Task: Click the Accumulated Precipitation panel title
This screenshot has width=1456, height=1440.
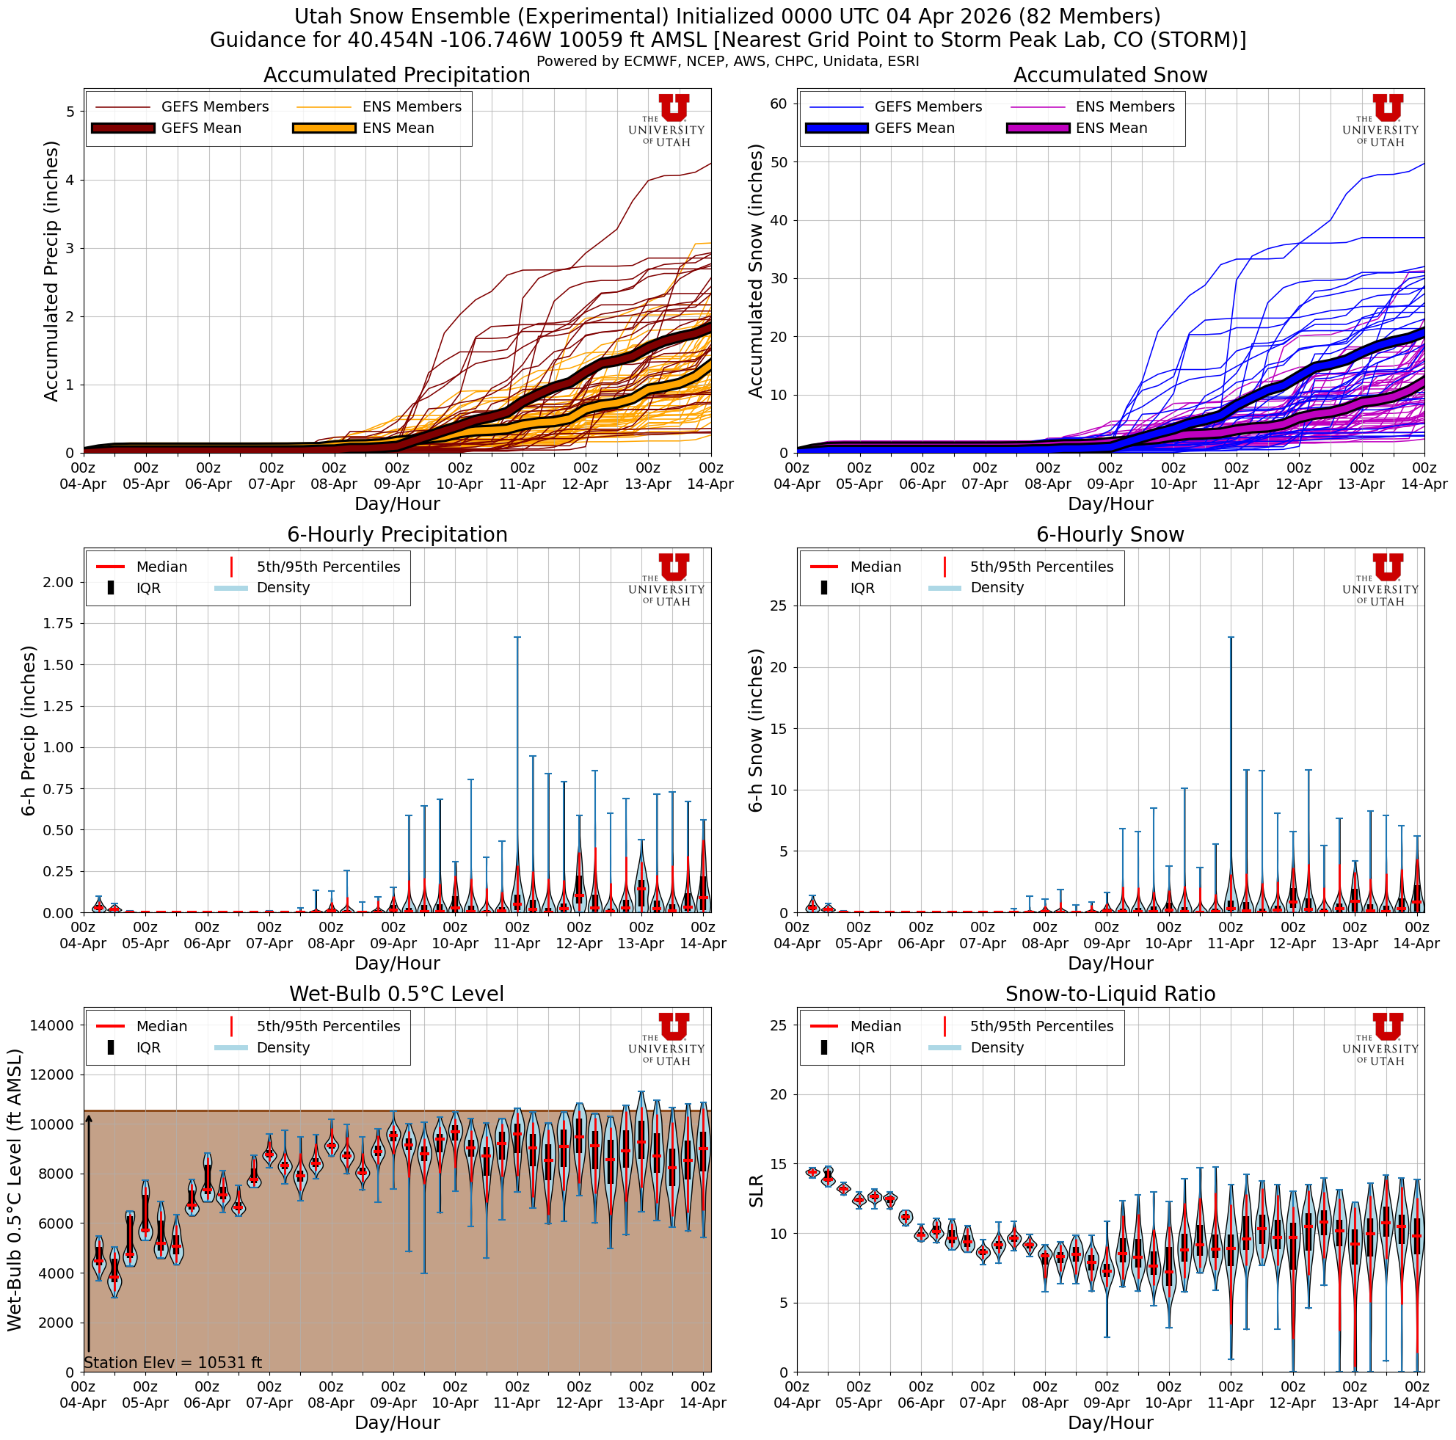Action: [x=396, y=76]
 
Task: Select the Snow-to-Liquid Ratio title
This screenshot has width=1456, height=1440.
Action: [x=1110, y=994]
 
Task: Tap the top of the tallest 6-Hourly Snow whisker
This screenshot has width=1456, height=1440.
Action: [x=1231, y=638]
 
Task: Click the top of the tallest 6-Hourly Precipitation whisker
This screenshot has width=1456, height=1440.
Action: [x=517, y=638]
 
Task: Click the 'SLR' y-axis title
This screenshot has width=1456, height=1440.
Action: [x=757, y=1190]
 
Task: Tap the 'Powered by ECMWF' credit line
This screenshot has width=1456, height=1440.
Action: [x=727, y=61]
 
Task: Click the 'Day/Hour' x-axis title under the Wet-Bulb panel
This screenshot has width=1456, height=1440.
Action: [x=396, y=1422]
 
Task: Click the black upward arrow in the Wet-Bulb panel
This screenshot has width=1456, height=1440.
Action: [x=89, y=1236]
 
